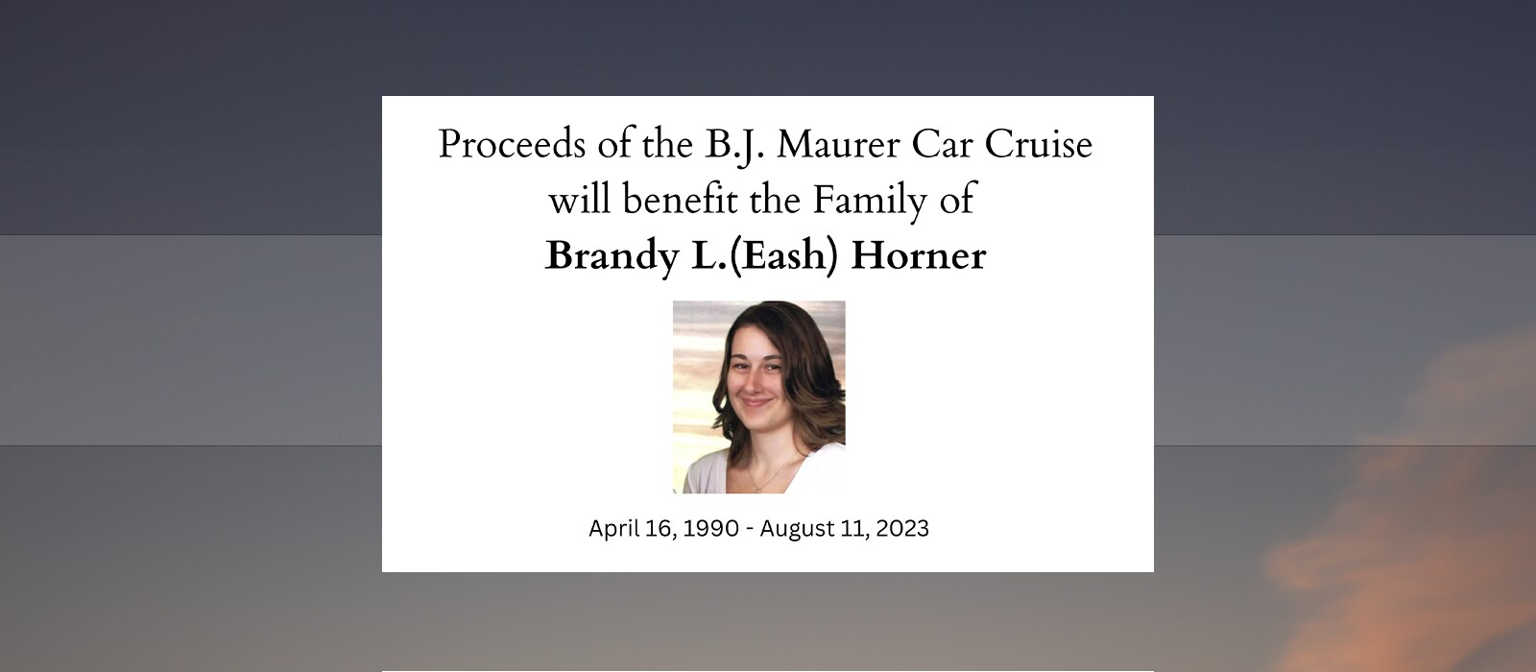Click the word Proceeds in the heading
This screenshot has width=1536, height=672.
(x=512, y=146)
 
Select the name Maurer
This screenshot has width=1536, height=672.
(x=838, y=145)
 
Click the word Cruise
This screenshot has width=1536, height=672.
(x=1038, y=145)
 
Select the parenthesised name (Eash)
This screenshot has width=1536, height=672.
(x=783, y=256)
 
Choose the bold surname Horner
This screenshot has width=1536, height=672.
(x=918, y=255)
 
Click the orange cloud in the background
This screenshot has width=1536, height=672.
(x=1412, y=515)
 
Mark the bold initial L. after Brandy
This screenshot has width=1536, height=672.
(x=708, y=255)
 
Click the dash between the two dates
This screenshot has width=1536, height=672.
(x=749, y=530)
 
